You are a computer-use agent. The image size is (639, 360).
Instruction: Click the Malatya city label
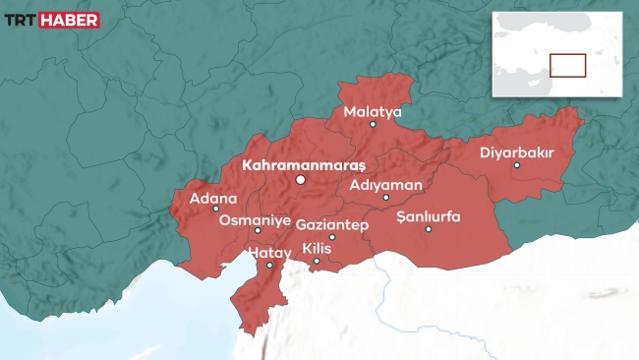tap(373, 112)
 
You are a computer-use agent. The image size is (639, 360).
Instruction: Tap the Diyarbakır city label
tap(517, 152)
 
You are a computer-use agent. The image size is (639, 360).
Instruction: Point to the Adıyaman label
tap(386, 184)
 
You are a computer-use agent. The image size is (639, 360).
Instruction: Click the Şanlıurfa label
tap(428, 216)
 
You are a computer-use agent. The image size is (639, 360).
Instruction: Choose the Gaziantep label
tap(331, 225)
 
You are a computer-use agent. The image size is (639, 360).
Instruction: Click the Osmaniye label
tap(255, 219)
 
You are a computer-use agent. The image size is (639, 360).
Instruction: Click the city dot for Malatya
tap(373, 125)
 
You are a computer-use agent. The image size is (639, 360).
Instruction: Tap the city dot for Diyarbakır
tap(517, 165)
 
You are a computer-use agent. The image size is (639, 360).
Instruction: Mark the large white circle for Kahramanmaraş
tap(302, 180)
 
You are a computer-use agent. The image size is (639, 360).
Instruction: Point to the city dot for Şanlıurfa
tap(429, 229)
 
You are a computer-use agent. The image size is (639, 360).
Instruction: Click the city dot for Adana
tap(216, 209)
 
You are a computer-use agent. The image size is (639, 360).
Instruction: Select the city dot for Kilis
tap(317, 261)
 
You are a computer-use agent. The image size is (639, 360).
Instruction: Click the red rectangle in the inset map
tap(567, 65)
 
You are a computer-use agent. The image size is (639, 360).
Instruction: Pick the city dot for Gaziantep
tap(332, 237)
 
